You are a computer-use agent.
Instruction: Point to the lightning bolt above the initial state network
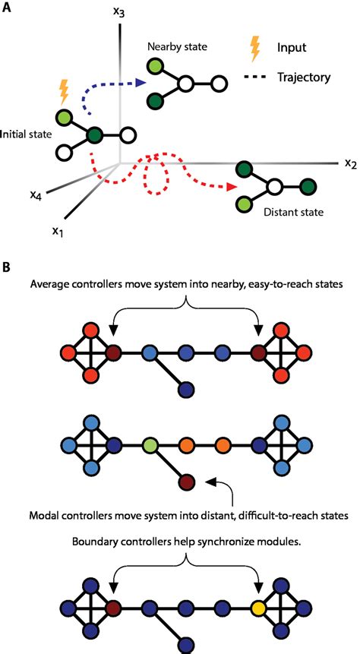point(63,93)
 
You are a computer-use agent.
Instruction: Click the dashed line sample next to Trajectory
point(257,77)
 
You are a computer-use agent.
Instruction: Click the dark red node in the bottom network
point(115,608)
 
